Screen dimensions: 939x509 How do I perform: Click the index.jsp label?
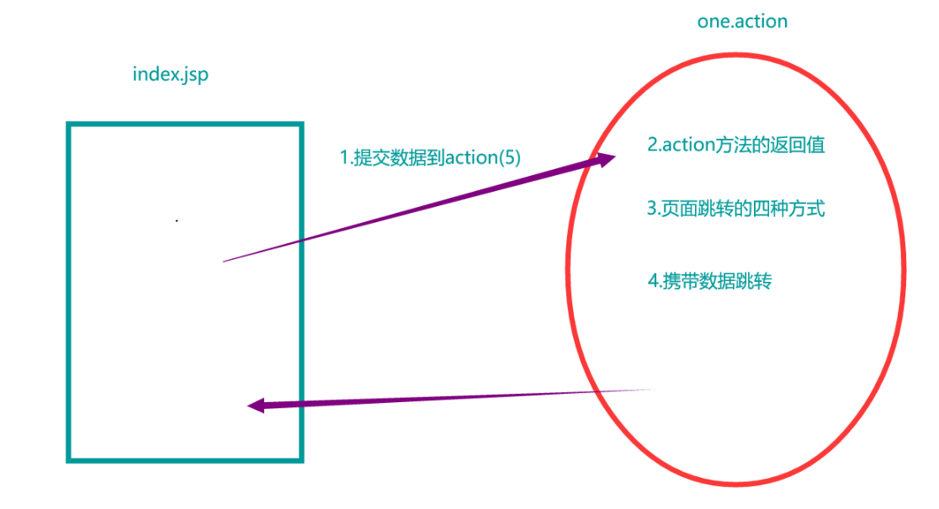coord(170,74)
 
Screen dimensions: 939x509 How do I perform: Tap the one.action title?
coord(742,22)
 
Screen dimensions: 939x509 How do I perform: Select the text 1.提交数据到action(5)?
coord(430,157)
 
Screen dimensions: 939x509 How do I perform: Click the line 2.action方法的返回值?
coord(735,145)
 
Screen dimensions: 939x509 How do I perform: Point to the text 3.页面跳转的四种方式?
coord(735,208)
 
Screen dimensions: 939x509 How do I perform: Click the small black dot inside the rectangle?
coord(177,221)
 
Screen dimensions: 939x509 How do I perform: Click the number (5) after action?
coord(510,157)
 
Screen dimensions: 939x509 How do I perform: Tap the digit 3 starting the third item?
coord(651,208)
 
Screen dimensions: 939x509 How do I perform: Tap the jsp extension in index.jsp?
coord(194,75)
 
